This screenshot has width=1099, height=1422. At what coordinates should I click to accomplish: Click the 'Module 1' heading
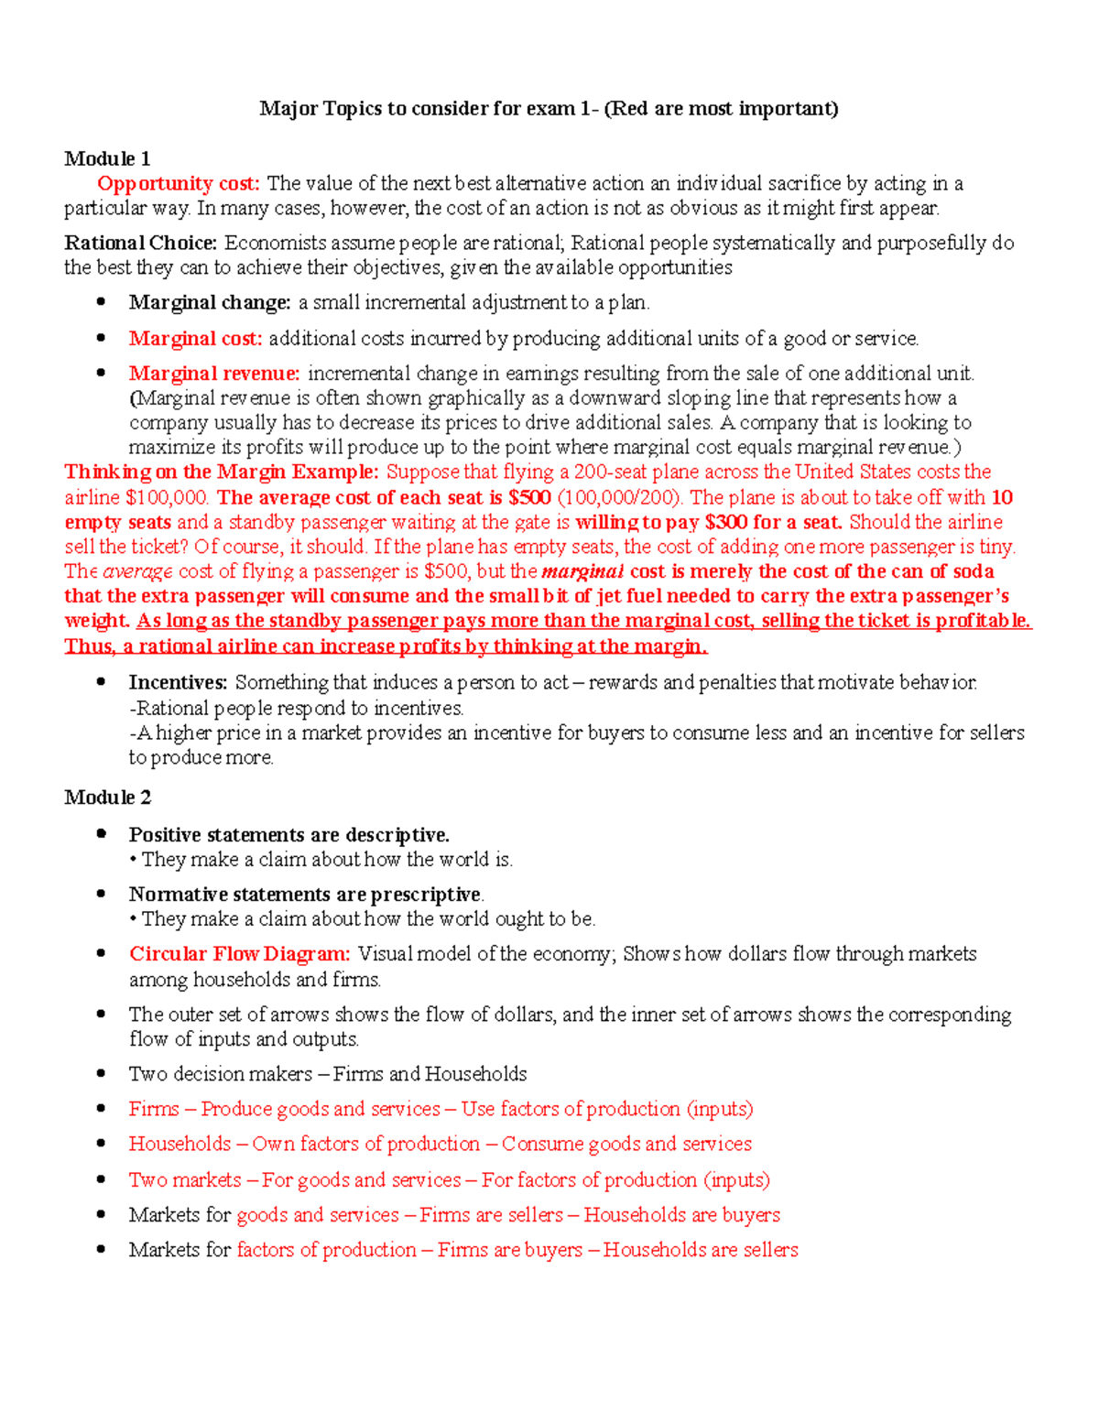[107, 158]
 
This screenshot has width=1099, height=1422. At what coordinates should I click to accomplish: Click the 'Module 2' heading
[107, 798]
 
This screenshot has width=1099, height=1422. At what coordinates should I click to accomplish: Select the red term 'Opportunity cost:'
[179, 184]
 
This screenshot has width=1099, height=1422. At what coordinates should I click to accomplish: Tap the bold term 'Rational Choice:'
[140, 243]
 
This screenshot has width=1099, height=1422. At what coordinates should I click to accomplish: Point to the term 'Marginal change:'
[210, 302]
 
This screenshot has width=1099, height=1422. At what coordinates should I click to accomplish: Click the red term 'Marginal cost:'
[195, 339]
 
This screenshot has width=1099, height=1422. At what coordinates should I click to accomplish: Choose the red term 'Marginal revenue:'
[214, 374]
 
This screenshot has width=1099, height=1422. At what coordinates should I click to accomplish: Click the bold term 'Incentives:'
[178, 682]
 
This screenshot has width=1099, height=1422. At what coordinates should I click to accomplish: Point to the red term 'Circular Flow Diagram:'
[239, 954]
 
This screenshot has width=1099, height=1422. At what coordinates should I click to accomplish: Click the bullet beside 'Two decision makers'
[103, 1073]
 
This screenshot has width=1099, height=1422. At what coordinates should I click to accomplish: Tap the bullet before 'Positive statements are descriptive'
[103, 834]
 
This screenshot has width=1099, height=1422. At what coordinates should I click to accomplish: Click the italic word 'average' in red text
[137, 571]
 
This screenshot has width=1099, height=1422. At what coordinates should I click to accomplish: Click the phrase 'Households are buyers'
[681, 1215]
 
